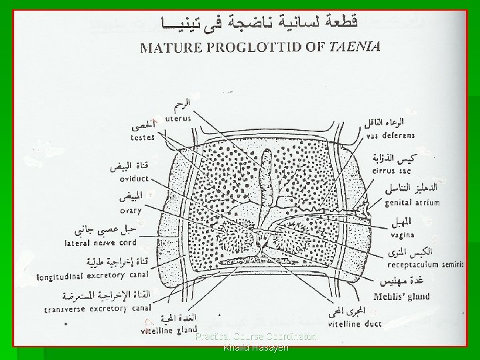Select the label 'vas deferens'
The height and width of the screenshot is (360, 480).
390,135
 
